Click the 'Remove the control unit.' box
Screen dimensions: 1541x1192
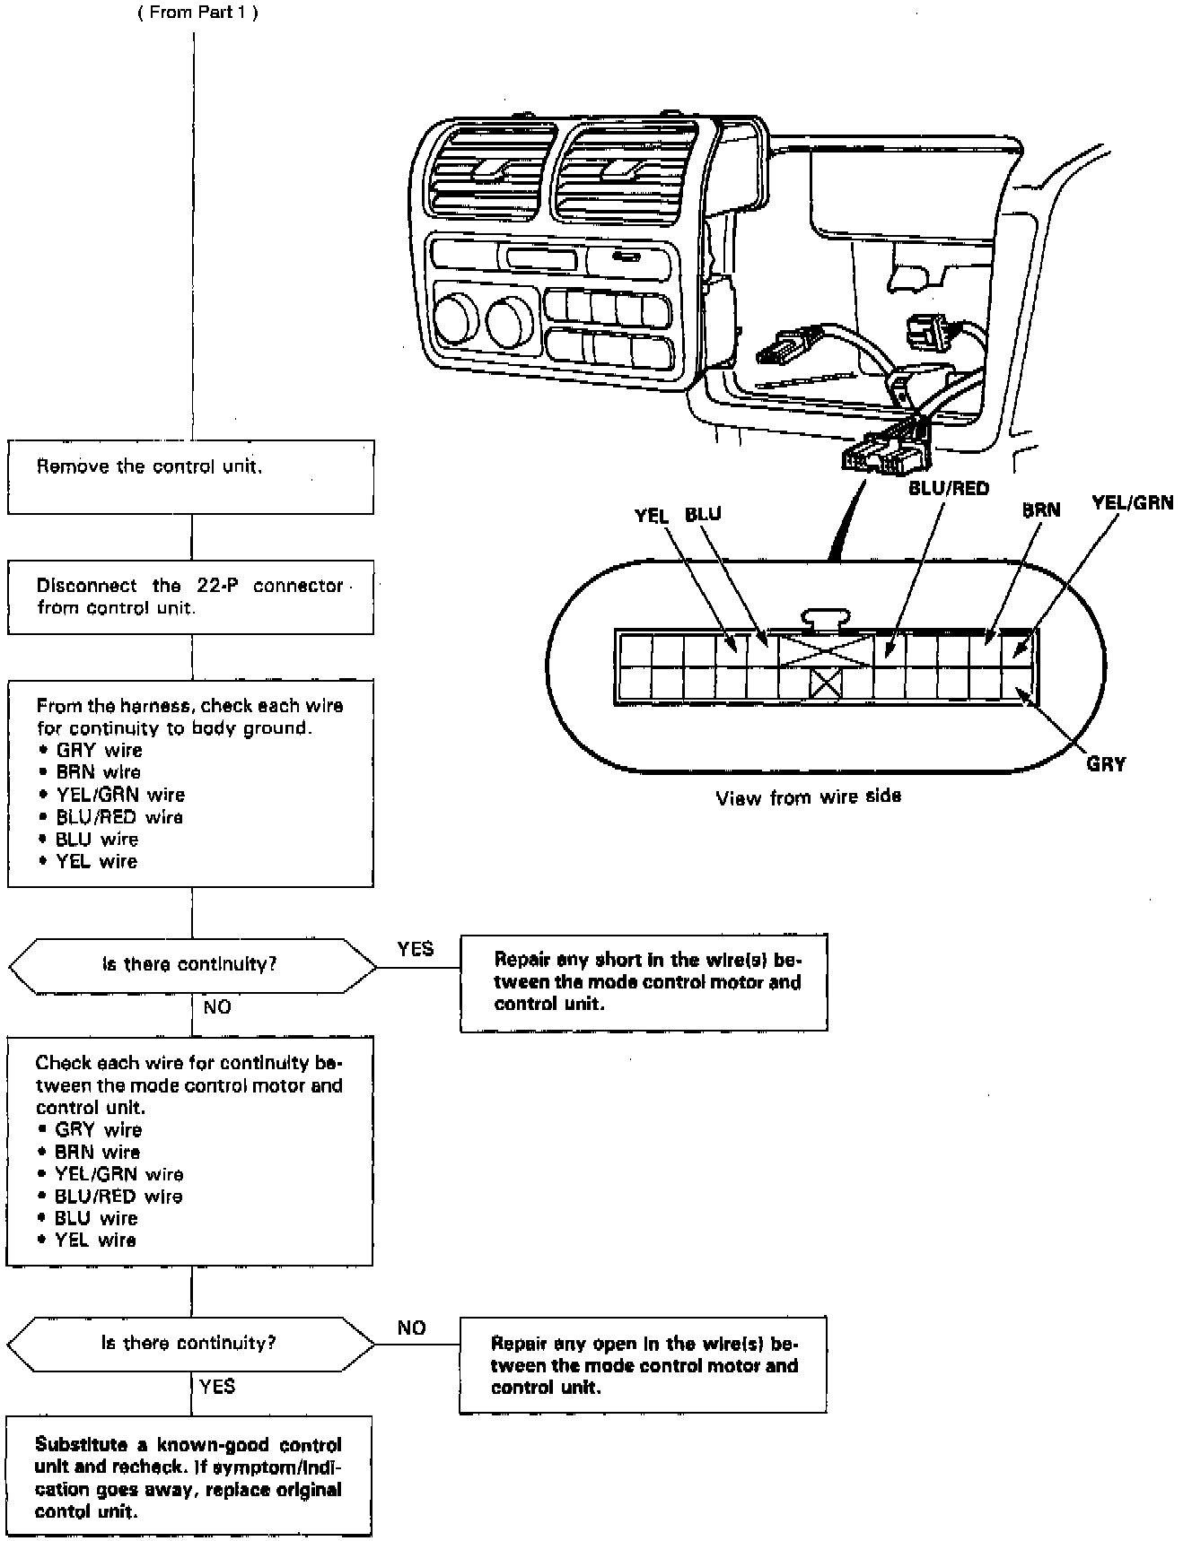[190, 476]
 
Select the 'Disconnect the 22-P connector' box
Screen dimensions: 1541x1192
[190, 596]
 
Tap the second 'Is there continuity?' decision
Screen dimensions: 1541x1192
[190, 1344]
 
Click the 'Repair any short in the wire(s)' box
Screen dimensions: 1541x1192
[644, 982]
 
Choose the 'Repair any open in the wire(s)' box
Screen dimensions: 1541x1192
[643, 1365]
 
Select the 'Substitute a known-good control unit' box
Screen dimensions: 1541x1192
[189, 1476]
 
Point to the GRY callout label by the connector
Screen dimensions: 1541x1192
[1105, 764]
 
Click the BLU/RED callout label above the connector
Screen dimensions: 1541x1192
[948, 489]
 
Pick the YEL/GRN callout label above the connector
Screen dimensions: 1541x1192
[1132, 502]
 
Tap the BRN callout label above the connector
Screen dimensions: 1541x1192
[1041, 510]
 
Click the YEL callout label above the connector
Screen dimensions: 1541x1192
[653, 515]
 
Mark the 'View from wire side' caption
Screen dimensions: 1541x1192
[808, 797]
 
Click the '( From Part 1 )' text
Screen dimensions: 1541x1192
[197, 13]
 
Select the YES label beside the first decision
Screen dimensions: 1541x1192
[415, 949]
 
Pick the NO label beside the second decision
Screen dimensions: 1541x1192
[411, 1328]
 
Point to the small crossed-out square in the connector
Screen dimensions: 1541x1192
[825, 684]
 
